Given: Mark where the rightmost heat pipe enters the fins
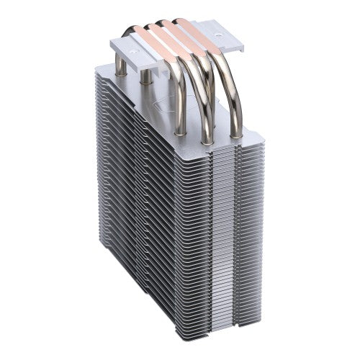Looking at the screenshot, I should [x=235, y=133].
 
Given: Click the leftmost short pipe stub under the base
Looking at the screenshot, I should [x=121, y=66].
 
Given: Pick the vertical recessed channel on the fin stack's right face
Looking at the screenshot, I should [x=238, y=238].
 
